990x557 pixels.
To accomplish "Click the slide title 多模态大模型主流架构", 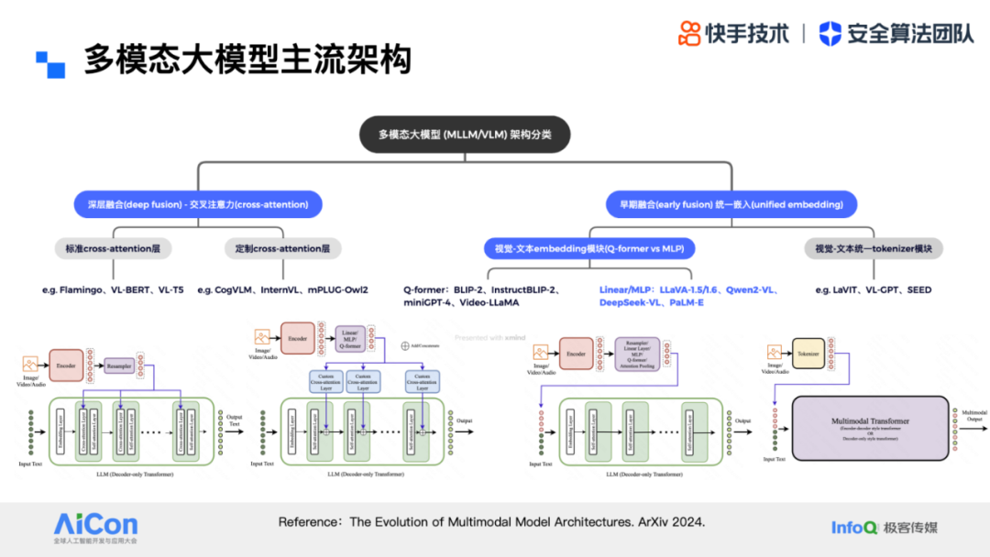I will click(x=247, y=60).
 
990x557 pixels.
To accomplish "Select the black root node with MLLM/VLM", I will click(x=466, y=134).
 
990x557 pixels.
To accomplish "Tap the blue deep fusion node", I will click(x=198, y=204).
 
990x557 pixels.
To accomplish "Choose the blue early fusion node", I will click(x=731, y=204).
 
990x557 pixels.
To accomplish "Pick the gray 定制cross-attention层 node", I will click(x=283, y=248).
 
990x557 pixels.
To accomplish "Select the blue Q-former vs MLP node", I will click(x=589, y=248).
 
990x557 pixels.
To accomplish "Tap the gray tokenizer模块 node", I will click(x=874, y=248).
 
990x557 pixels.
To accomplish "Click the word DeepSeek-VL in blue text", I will click(x=631, y=302).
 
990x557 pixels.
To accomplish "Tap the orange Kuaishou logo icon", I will click(x=689, y=34).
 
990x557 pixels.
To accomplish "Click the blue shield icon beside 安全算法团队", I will click(x=830, y=34).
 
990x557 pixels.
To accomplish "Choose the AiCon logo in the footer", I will click(x=95, y=525).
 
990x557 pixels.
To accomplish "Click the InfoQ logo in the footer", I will click(x=853, y=528).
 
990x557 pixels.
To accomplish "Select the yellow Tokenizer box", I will click(x=808, y=352).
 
